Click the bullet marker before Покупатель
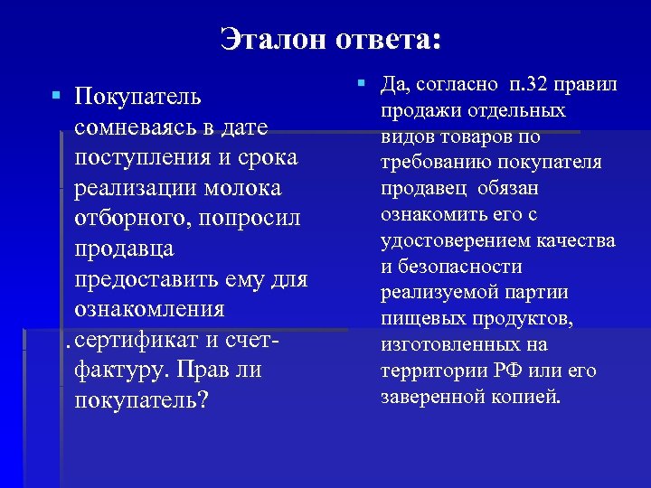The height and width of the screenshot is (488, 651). pyautogui.click(x=56, y=94)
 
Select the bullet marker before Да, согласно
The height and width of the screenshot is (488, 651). pyautogui.click(x=361, y=83)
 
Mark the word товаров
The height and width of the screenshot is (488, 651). pyautogui.click(x=476, y=137)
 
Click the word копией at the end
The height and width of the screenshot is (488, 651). pyautogui.click(x=527, y=397)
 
